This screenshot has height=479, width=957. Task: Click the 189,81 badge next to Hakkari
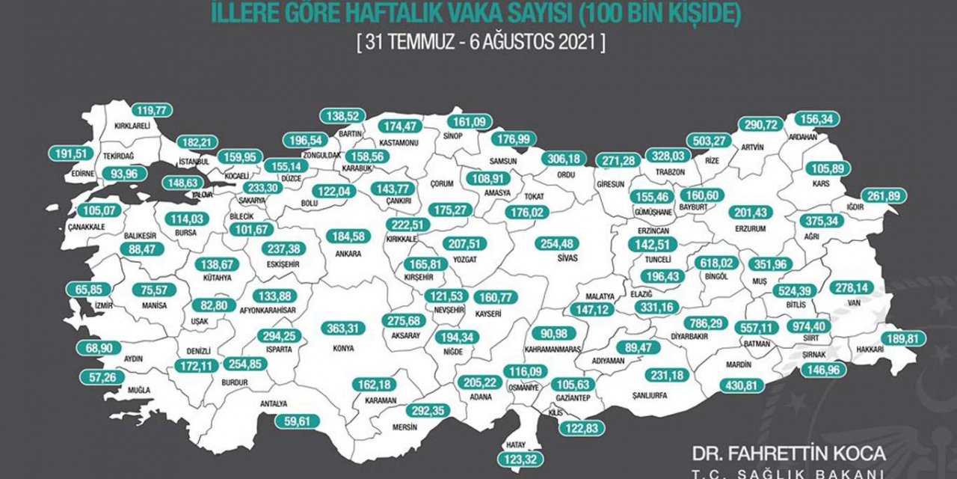[903, 338]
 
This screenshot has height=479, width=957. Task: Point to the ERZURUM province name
[750, 229]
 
